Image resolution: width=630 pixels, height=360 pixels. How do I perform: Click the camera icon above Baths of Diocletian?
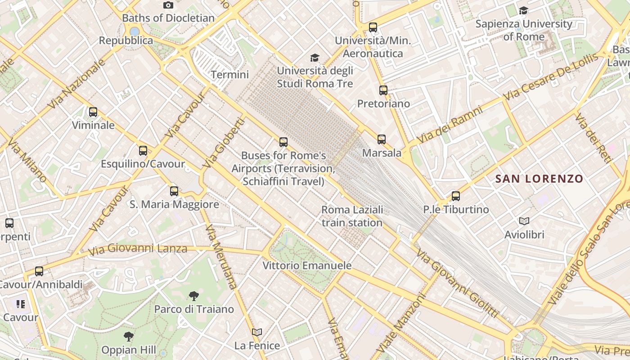coord(168,5)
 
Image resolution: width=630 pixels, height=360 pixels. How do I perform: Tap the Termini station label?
coord(229,75)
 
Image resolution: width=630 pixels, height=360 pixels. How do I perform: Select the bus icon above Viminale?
coord(93,112)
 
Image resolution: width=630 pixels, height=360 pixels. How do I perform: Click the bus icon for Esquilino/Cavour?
coord(143,151)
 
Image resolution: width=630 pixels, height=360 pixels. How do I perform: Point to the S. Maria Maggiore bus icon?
coord(174,191)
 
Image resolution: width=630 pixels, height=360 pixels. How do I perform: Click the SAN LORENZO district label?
coord(539,179)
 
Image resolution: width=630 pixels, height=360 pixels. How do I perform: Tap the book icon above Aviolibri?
coord(524,221)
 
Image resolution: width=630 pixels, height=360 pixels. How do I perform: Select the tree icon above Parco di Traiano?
coord(194,296)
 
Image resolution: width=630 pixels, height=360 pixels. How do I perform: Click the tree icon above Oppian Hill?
coord(129,336)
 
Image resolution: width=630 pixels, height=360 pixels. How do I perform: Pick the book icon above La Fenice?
coord(257,332)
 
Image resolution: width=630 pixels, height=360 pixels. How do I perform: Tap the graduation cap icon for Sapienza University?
coord(523,10)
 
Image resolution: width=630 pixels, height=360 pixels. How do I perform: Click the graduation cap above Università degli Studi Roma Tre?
coord(315,58)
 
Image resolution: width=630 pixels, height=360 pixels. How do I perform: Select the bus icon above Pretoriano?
coord(383,90)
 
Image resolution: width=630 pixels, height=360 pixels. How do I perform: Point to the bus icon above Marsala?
coord(382,139)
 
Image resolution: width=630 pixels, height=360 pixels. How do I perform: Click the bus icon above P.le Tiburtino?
coord(456,196)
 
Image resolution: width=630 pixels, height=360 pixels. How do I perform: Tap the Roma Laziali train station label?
coord(352,216)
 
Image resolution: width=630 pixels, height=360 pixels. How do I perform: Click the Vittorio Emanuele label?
coord(307,265)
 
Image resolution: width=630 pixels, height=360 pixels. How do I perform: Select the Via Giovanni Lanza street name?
coord(138,249)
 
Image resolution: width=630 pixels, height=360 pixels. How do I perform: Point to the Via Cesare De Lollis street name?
coord(551,76)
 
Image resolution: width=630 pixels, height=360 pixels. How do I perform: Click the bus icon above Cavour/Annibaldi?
coord(39,271)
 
